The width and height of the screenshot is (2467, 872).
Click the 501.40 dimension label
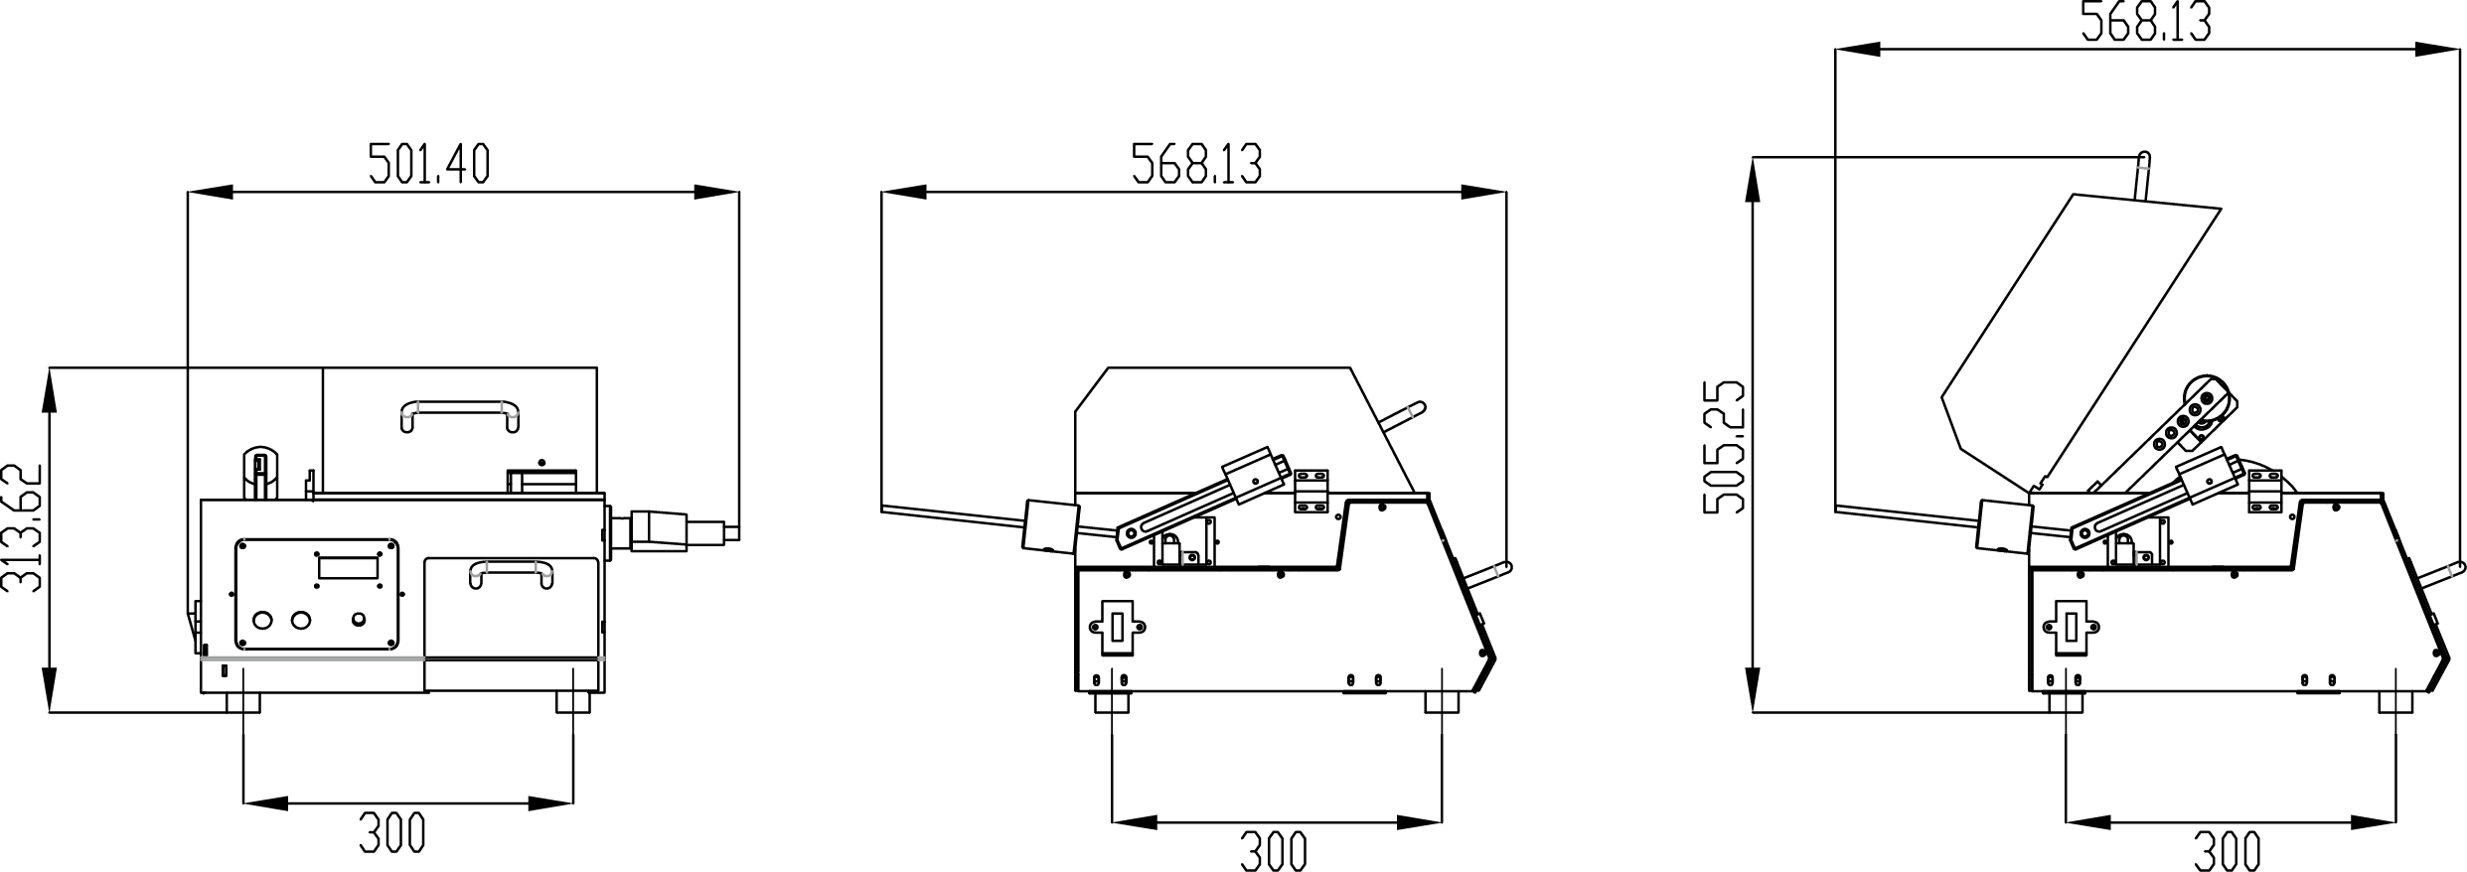pos(429,164)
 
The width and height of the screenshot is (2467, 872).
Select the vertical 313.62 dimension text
pos(23,528)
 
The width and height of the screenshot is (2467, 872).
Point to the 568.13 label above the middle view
pos(1196,164)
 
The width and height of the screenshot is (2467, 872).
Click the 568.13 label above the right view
pos(2146,22)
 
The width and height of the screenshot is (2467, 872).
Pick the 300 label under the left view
pos(392,832)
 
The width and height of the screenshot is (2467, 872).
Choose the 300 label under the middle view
pos(1274,852)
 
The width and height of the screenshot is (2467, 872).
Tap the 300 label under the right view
pos(2228,852)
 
